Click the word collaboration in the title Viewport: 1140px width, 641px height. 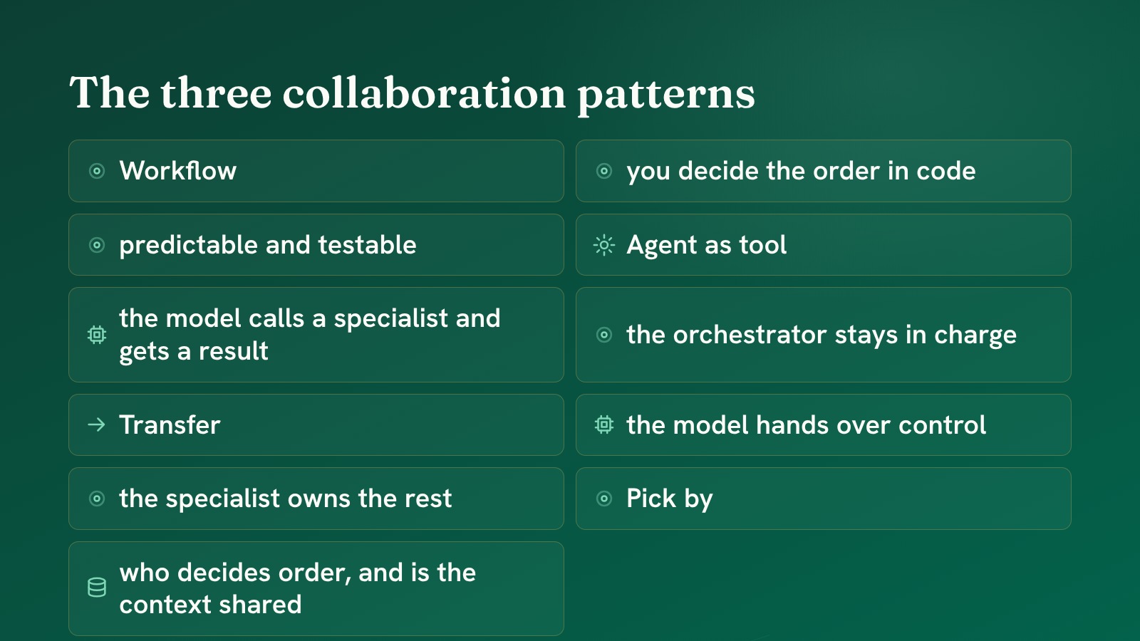(x=424, y=93)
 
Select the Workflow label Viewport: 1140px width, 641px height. (x=177, y=170)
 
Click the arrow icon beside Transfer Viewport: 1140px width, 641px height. (x=96, y=424)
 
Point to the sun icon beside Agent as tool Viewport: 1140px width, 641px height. (x=604, y=245)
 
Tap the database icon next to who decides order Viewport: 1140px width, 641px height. (x=97, y=588)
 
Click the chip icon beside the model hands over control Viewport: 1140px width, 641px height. (x=604, y=424)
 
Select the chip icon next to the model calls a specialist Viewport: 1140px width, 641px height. (x=97, y=335)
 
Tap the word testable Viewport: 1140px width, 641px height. (x=367, y=245)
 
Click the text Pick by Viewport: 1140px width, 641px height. (x=669, y=499)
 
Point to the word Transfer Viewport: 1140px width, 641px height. (x=170, y=424)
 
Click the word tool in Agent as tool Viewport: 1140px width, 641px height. (x=763, y=245)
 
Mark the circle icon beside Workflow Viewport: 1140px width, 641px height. (x=97, y=171)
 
